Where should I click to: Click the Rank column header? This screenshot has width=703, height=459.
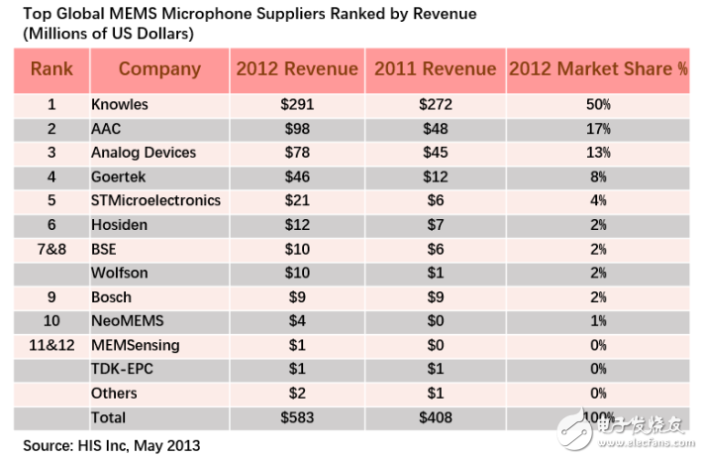pyautogui.click(x=51, y=69)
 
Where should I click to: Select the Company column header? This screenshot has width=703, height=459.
pyautogui.click(x=159, y=69)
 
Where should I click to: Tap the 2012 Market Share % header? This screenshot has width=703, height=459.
pyautogui.click(x=598, y=69)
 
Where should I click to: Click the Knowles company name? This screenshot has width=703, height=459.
pyautogui.click(x=119, y=104)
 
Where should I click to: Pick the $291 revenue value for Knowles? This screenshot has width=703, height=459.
pyautogui.click(x=296, y=104)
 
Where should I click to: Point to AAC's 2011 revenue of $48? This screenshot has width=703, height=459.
pyautogui.click(x=435, y=129)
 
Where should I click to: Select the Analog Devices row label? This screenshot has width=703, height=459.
pyautogui.click(x=144, y=153)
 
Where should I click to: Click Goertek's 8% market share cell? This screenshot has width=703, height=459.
pyautogui.click(x=597, y=176)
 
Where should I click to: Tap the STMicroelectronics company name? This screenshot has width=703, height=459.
pyautogui.click(x=155, y=200)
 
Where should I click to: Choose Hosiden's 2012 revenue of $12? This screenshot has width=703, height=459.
pyautogui.click(x=296, y=225)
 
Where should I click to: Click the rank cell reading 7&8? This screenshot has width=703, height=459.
pyautogui.click(x=51, y=249)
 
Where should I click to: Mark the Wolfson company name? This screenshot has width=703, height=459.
pyautogui.click(x=119, y=273)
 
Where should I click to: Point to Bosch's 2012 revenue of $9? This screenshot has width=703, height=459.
pyautogui.click(x=296, y=297)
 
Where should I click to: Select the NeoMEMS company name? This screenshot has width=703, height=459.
pyautogui.click(x=128, y=321)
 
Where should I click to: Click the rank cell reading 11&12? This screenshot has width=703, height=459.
pyautogui.click(x=51, y=345)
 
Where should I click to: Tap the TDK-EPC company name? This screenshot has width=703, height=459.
pyautogui.click(x=123, y=370)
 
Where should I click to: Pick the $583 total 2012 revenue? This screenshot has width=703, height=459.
pyautogui.click(x=296, y=417)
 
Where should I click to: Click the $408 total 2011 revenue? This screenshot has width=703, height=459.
pyautogui.click(x=435, y=417)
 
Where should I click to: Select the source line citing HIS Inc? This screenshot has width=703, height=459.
pyautogui.click(x=112, y=445)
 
